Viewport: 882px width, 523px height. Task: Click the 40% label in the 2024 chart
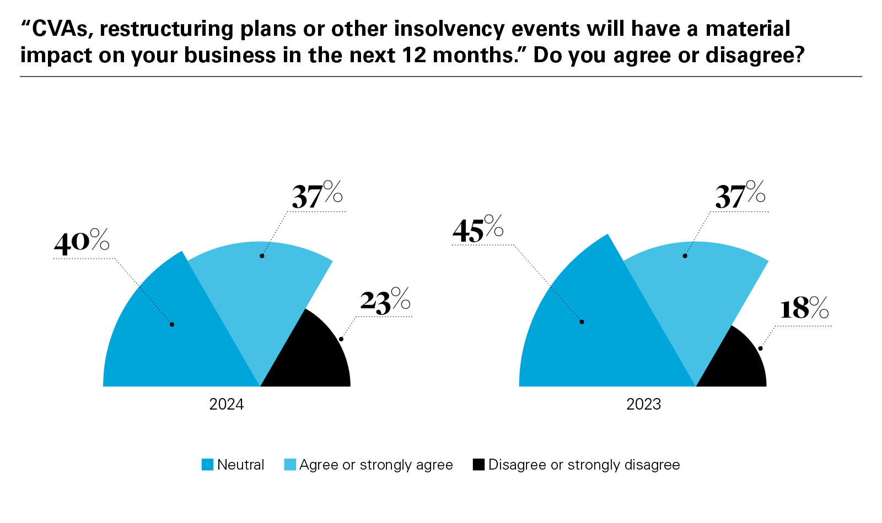tap(82, 242)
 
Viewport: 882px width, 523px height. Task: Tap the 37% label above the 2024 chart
tap(317, 195)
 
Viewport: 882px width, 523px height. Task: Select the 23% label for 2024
tap(385, 301)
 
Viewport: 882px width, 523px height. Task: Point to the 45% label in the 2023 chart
tap(477, 230)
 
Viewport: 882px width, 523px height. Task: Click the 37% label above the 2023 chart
tap(740, 195)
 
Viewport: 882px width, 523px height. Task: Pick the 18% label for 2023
tap(804, 309)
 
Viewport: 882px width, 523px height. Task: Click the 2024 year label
tap(227, 405)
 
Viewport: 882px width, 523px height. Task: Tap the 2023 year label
tap(643, 405)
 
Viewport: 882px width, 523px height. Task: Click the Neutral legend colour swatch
tap(207, 465)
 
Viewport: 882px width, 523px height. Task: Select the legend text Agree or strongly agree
tap(376, 465)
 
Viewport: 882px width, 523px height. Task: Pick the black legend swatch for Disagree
tap(478, 465)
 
